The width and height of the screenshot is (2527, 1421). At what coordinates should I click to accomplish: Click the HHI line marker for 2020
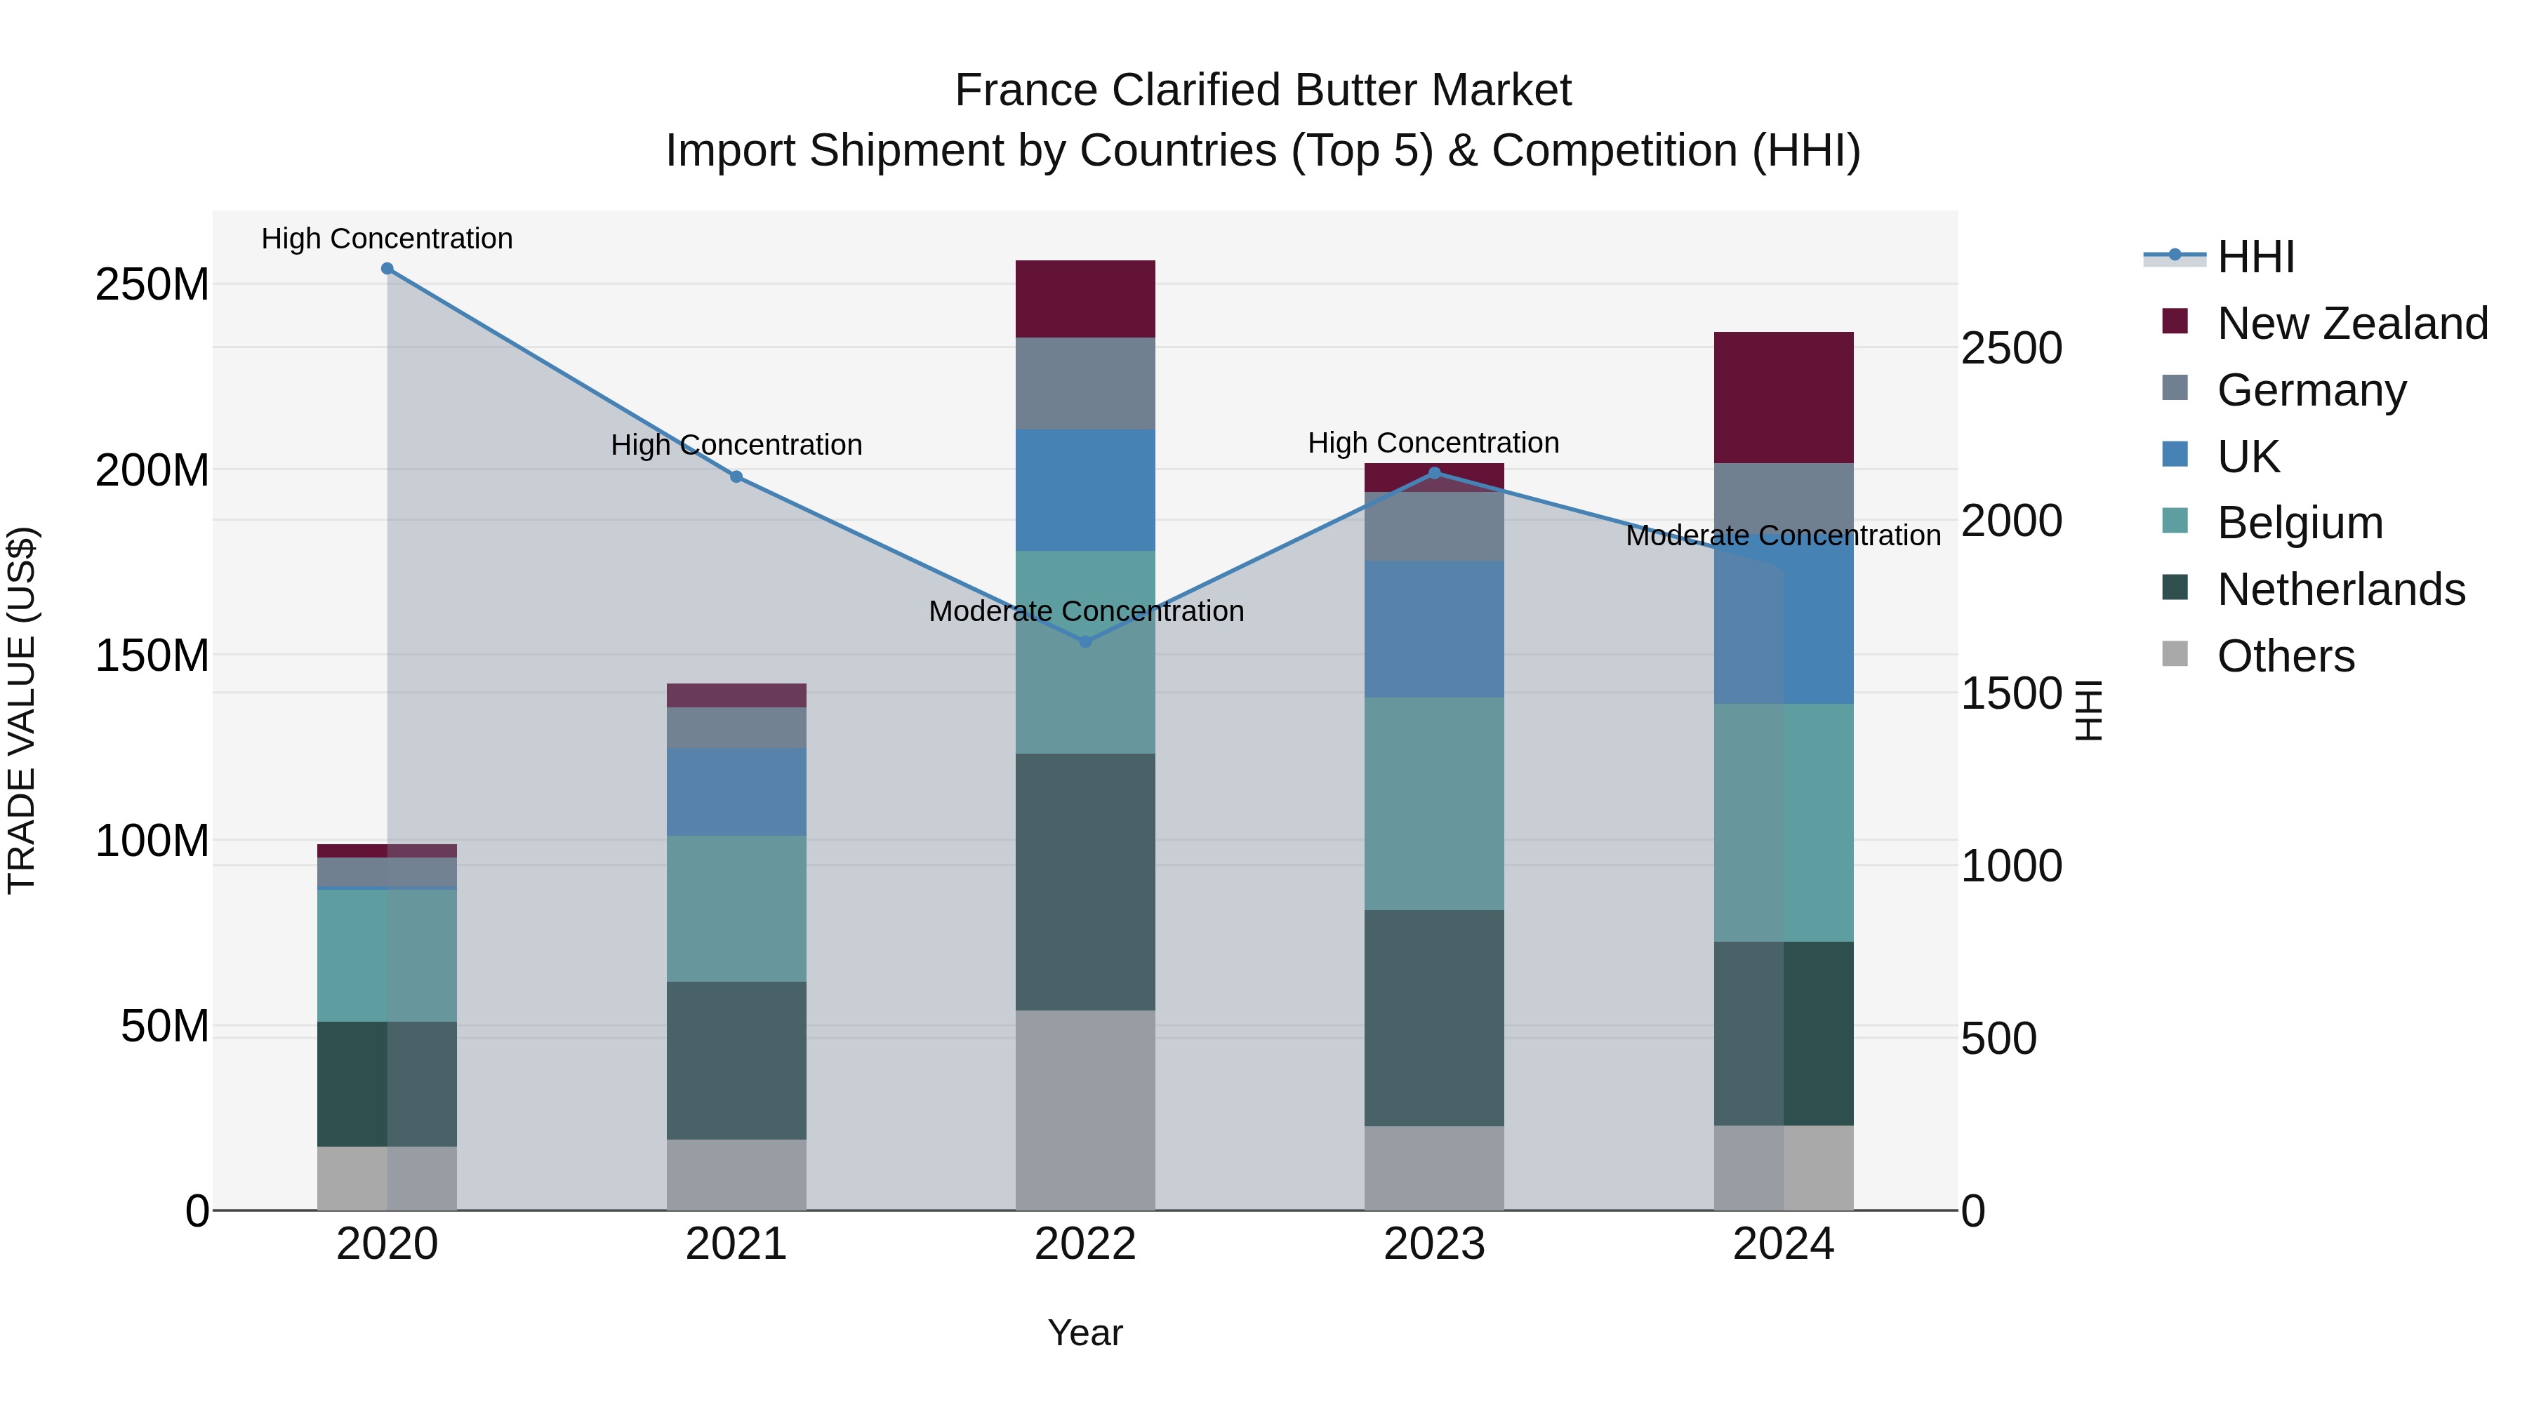coord(387,269)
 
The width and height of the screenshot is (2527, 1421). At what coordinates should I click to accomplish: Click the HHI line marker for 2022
coord(1085,642)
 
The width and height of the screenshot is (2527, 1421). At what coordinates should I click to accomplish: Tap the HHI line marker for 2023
coord(1434,474)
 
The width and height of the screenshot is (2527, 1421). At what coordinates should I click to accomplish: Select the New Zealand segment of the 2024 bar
coord(1784,398)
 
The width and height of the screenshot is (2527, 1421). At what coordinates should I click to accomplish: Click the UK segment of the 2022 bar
coord(1085,491)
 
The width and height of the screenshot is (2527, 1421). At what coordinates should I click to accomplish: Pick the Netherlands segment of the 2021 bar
coord(737,1060)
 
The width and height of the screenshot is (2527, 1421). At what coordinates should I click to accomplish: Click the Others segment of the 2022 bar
coord(1085,1110)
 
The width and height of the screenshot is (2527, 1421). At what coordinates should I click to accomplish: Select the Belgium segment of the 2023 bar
coord(1434,804)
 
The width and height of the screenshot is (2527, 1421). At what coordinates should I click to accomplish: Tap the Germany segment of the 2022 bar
coord(1085,383)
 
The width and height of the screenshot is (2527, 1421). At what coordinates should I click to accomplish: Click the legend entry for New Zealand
coord(2352,323)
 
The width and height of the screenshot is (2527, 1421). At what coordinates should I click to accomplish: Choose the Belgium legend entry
coord(2300,523)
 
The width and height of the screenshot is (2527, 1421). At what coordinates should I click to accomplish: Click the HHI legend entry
coord(2255,257)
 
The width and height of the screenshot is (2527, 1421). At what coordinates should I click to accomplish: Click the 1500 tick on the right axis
coord(2011,694)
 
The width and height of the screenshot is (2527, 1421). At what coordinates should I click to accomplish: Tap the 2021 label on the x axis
coord(737,1244)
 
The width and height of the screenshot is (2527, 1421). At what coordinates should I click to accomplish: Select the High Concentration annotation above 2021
coord(737,445)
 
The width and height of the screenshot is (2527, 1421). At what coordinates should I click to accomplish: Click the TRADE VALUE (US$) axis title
coord(22,710)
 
